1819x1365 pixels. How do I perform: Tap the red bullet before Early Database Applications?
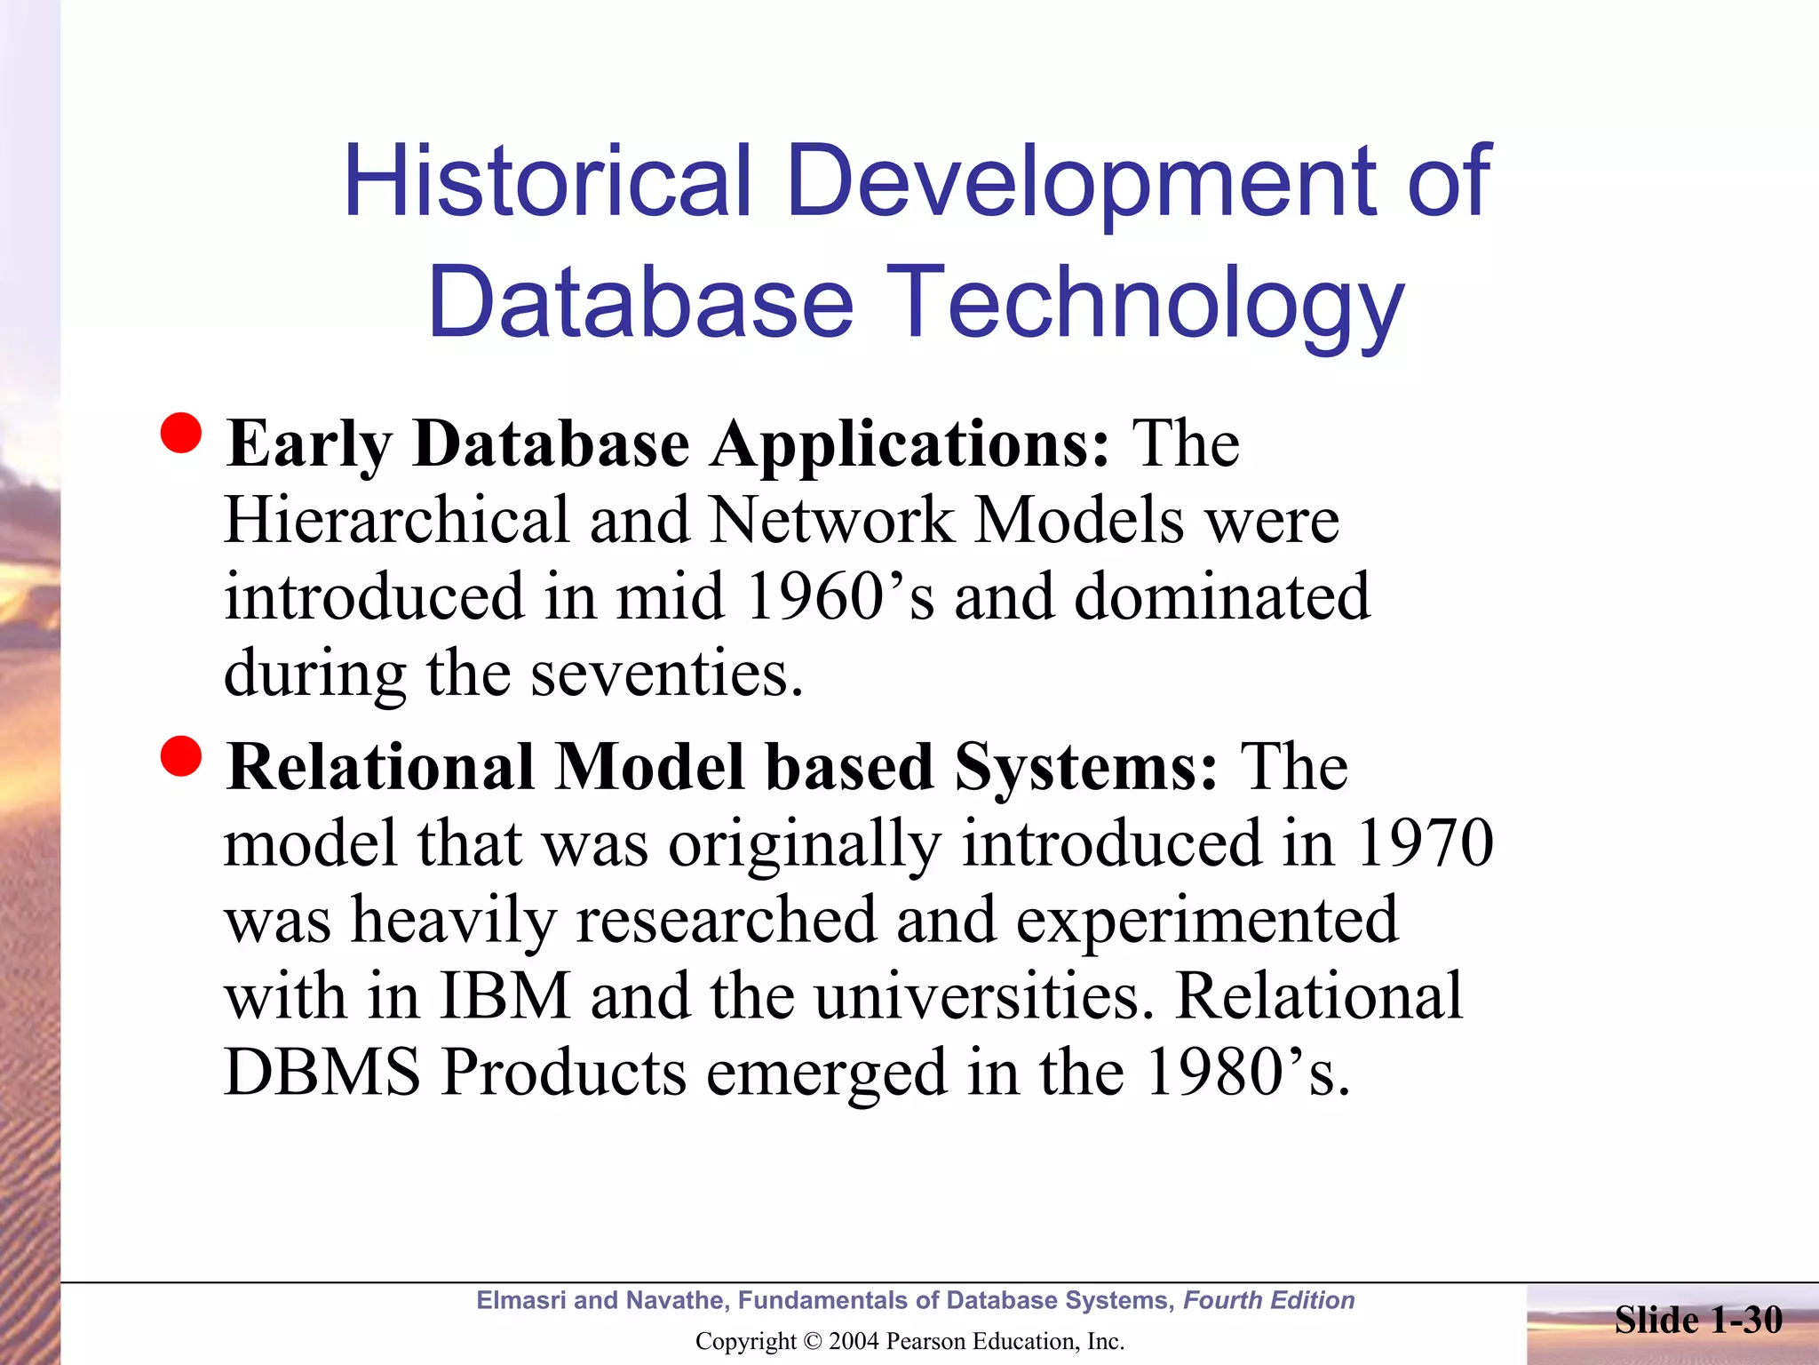pyautogui.click(x=181, y=434)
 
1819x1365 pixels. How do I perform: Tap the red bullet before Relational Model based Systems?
pyautogui.click(x=181, y=756)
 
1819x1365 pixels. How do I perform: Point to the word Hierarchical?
pyautogui.click(x=396, y=521)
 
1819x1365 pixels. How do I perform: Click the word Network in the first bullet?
pyautogui.click(x=831, y=521)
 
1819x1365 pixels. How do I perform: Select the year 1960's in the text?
pyautogui.click(x=840, y=597)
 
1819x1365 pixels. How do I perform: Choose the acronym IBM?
pyautogui.click(x=504, y=996)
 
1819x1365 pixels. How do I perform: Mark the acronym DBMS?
pyautogui.click(x=322, y=1073)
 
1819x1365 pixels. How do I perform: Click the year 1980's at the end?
pyautogui.click(x=1247, y=1073)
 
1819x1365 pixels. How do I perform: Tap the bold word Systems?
pyautogui.click(x=1085, y=767)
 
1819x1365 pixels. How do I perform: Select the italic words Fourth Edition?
pyautogui.click(x=1268, y=1301)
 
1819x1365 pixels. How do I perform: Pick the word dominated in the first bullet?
pyautogui.click(x=1222, y=597)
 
